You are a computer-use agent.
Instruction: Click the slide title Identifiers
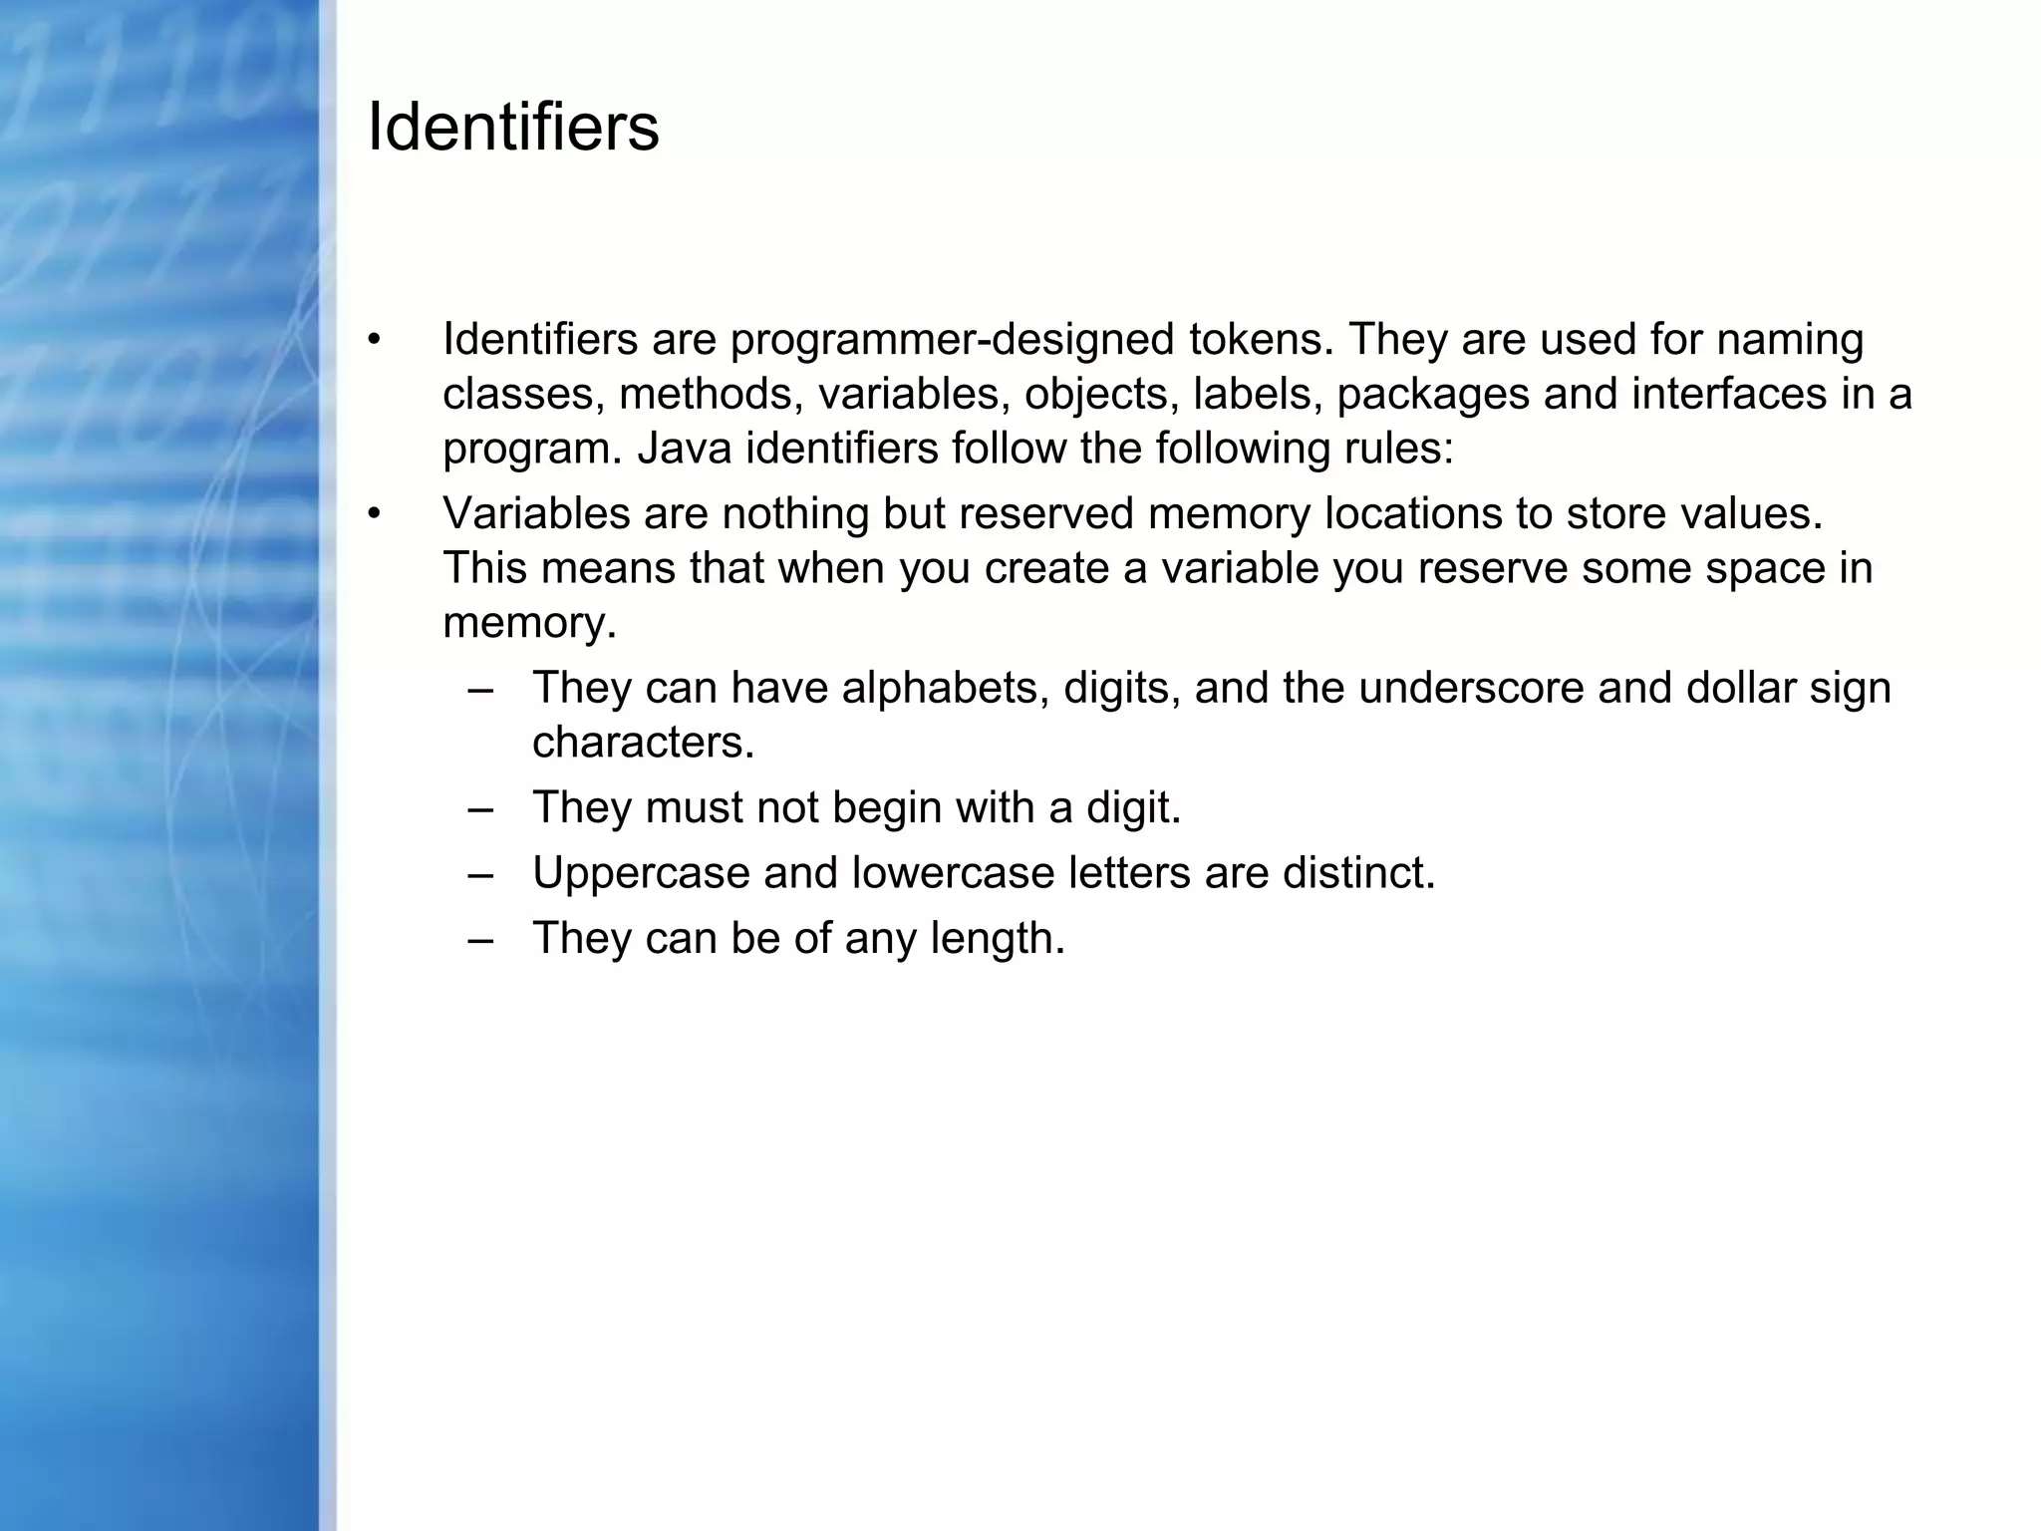513,128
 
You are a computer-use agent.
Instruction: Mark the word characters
643,743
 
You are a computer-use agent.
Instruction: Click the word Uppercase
641,874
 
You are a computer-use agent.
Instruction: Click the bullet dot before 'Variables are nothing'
374,514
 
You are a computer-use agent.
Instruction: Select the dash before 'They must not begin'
479,808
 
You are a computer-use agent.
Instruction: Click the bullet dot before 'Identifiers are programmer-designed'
374,340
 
